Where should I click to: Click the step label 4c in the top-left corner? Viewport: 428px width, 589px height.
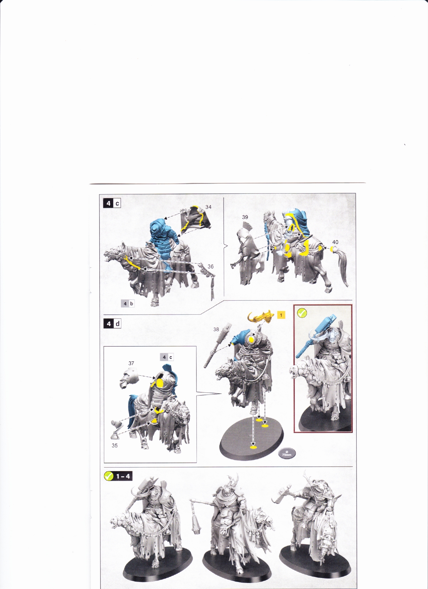pyautogui.click(x=112, y=203)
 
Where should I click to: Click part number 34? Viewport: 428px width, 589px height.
pyautogui.click(x=208, y=207)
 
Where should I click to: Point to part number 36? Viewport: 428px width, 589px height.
pyautogui.click(x=210, y=266)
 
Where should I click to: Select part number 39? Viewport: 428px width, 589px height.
pyautogui.click(x=245, y=217)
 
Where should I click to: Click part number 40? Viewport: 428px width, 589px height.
pyautogui.click(x=335, y=242)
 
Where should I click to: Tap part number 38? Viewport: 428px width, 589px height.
pyautogui.click(x=216, y=329)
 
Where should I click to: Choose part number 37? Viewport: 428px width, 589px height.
pyautogui.click(x=131, y=363)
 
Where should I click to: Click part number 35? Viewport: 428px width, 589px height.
pyautogui.click(x=115, y=445)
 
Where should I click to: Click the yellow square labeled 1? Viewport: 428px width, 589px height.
pyautogui.click(x=281, y=315)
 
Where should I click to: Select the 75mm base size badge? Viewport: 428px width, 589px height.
pyautogui.click(x=287, y=453)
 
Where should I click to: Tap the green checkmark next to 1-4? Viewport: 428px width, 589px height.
pyautogui.click(x=109, y=476)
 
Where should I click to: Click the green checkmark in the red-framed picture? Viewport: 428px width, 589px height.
pyautogui.click(x=302, y=313)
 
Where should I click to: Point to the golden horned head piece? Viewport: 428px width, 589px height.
pyautogui.click(x=261, y=317)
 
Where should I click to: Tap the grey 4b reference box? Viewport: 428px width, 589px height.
pyautogui.click(x=128, y=304)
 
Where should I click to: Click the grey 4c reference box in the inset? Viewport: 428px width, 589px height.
pyautogui.click(x=167, y=357)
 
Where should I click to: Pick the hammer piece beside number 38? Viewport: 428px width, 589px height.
pyautogui.click(x=216, y=345)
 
